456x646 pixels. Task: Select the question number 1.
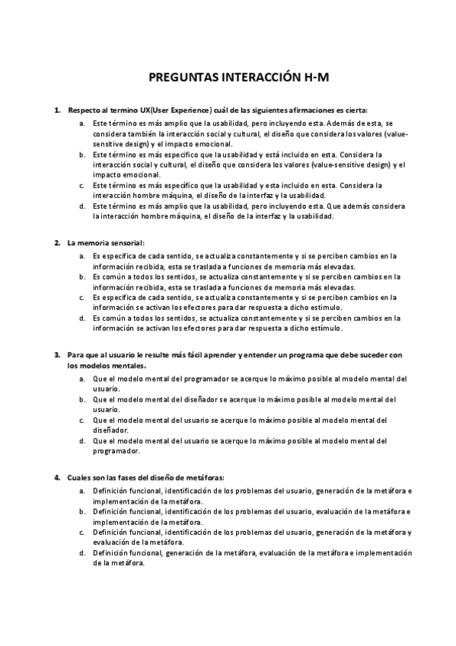tap(57, 110)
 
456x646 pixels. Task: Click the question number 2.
tap(57, 243)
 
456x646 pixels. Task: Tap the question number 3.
tap(57, 354)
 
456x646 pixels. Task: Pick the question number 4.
tap(57, 477)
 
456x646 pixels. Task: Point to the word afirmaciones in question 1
tap(313, 110)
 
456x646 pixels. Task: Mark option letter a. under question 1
tap(82, 123)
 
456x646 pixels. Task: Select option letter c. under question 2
tap(82, 298)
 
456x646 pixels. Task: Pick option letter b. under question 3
tap(82, 399)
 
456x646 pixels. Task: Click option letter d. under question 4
tap(82, 553)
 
